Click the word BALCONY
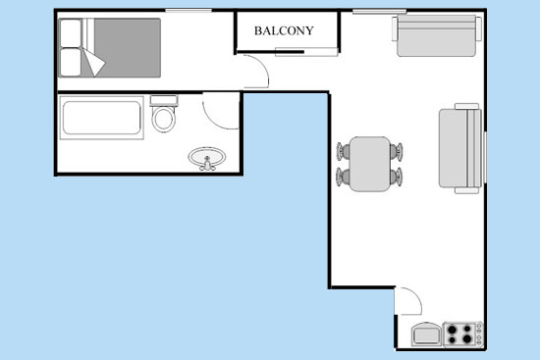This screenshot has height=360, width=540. [x=284, y=31]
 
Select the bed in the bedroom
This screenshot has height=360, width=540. [x=110, y=47]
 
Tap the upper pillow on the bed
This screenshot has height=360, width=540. [x=71, y=32]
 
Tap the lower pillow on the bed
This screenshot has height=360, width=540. [x=71, y=62]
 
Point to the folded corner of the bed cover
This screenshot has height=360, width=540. [x=93, y=62]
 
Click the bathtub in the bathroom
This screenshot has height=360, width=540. [x=101, y=118]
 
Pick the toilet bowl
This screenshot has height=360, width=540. [x=164, y=119]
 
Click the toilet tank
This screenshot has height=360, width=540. [x=164, y=100]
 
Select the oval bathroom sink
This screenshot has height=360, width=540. [x=207, y=158]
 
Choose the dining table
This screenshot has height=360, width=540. [x=370, y=164]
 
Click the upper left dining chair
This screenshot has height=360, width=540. [x=343, y=151]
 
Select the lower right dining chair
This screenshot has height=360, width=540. [x=397, y=177]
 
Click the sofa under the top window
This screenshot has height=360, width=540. [x=437, y=35]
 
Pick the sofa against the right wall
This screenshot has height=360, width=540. [x=460, y=148]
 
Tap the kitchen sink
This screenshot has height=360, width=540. [x=427, y=334]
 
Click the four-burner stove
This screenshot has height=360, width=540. [x=462, y=334]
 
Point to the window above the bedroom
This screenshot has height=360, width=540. [x=189, y=11]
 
